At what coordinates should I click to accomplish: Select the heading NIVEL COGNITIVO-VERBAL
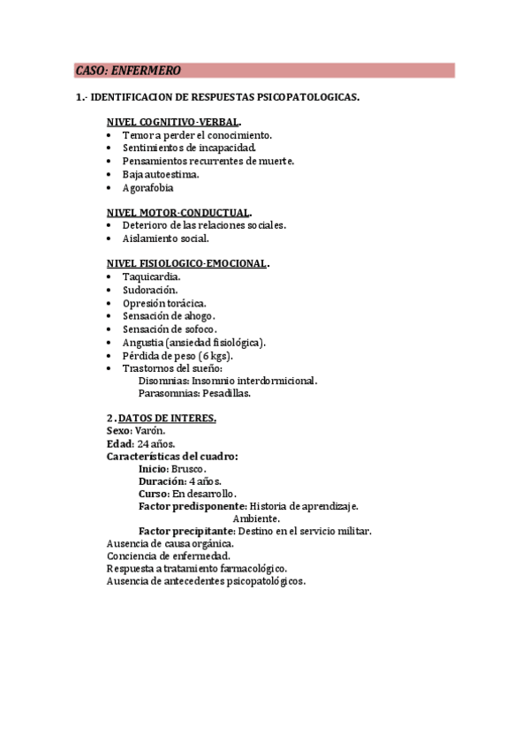172,122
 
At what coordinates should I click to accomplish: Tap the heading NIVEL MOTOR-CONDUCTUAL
178,212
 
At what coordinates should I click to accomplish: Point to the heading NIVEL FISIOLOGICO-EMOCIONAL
186,263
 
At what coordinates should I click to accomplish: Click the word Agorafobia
148,187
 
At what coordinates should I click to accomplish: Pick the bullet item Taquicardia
152,276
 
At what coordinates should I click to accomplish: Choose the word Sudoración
150,290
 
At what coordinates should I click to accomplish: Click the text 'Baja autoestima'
160,174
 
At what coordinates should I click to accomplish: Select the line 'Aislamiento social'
166,238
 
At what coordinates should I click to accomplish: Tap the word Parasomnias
168,393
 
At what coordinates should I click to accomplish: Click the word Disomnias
162,381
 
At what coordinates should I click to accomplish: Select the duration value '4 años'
205,481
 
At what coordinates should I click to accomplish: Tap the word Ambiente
256,518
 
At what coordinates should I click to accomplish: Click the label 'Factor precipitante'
185,531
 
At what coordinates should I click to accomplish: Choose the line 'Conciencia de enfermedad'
168,556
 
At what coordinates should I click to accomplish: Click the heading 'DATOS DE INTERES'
167,418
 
